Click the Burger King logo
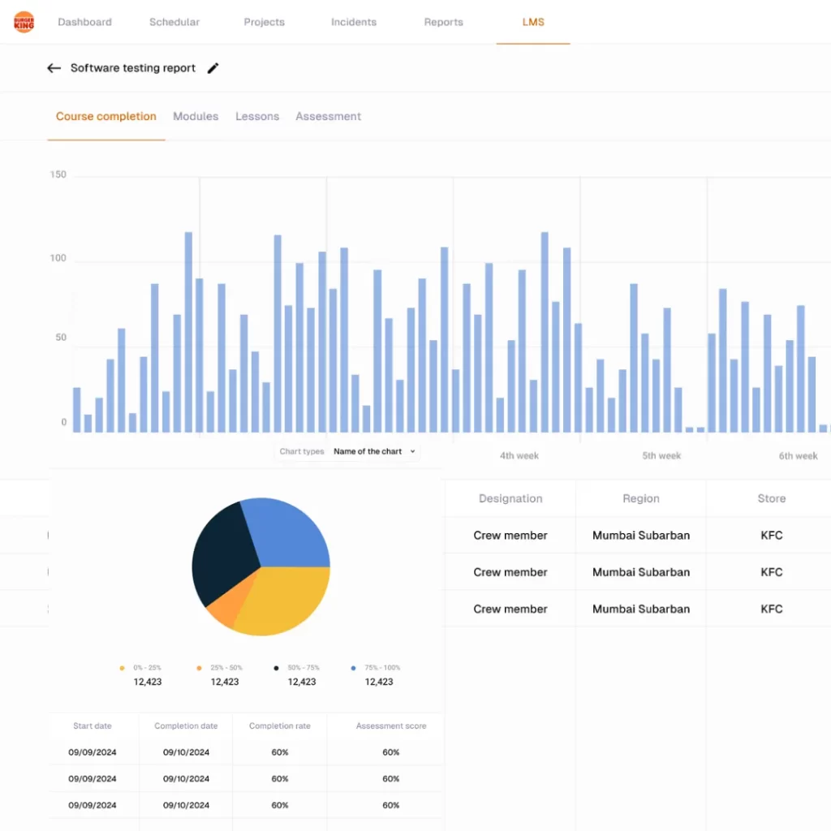pyautogui.click(x=24, y=22)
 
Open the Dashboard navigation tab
pyautogui.click(x=84, y=22)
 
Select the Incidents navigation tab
pyautogui.click(x=353, y=22)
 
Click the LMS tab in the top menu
pyautogui.click(x=533, y=22)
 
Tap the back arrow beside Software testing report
pyautogui.click(x=54, y=68)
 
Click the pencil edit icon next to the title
pyautogui.click(x=213, y=68)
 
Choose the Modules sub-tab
pyautogui.click(x=196, y=116)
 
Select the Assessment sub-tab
pyautogui.click(x=328, y=116)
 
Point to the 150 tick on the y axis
pyautogui.click(x=58, y=174)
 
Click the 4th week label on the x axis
pyautogui.click(x=519, y=455)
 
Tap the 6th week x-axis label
pyautogui.click(x=798, y=455)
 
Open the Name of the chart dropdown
pyautogui.click(x=374, y=451)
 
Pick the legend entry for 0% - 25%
pyautogui.click(x=147, y=668)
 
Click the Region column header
pyautogui.click(x=640, y=498)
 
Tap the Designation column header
pyautogui.click(x=510, y=498)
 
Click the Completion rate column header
pyautogui.click(x=279, y=726)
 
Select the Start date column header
pyautogui.click(x=93, y=726)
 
